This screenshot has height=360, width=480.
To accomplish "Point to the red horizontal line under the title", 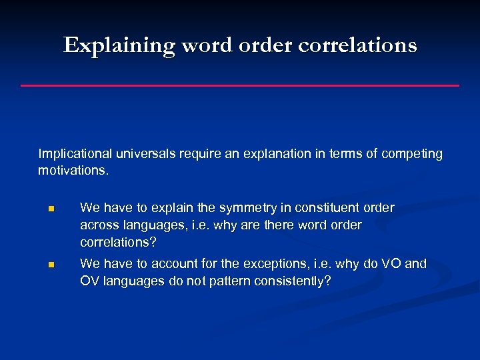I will pyautogui.click(x=240, y=85).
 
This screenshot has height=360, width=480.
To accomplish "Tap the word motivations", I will pyautogui.click(x=73, y=171).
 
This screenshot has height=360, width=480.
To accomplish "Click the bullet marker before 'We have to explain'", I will pyautogui.click(x=50, y=209).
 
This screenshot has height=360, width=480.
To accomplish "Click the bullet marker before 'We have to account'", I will pyautogui.click(x=50, y=265).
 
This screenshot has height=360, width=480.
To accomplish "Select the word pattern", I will pyautogui.click(x=228, y=281).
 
